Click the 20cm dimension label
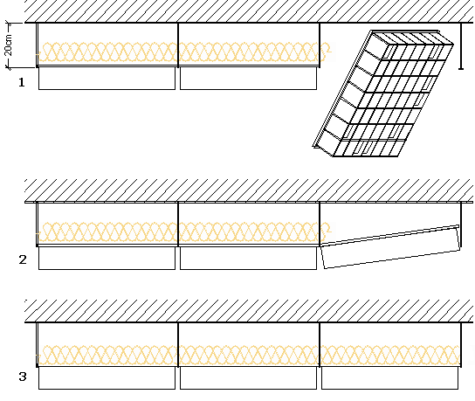9,45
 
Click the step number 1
22,82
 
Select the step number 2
23,259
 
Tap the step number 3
23,377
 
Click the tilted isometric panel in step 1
383,93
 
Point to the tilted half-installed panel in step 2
391,247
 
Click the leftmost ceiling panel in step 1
107,79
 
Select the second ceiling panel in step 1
248,79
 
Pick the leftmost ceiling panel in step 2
107,259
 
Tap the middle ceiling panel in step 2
248,259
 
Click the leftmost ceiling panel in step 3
107,378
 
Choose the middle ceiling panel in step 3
248,378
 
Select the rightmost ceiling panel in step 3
390,378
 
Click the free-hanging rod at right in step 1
461,46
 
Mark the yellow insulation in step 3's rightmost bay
390,355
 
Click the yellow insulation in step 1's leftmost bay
107,52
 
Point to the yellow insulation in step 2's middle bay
249,232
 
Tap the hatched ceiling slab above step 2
249,190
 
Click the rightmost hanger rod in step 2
461,225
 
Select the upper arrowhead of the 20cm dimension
9,24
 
